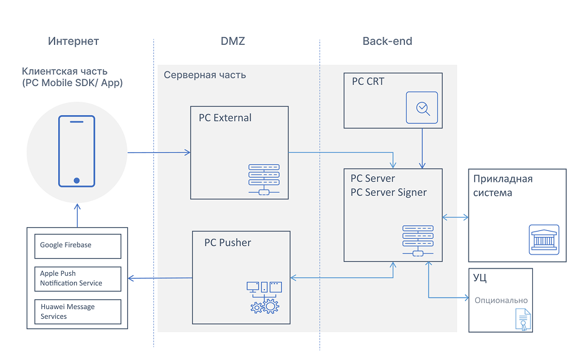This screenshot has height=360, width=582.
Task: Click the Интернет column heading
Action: point(73,41)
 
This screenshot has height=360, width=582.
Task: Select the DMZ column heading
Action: point(233,41)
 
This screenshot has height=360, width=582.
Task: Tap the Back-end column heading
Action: point(387,41)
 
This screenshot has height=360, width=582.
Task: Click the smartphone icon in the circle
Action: point(76,151)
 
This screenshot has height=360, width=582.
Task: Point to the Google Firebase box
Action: point(78,245)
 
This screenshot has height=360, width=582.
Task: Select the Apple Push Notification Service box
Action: point(78,278)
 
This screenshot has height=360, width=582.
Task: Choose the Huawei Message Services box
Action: point(78,312)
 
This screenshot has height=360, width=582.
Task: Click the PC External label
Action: point(225,118)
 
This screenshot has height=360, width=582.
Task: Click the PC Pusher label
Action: point(227,242)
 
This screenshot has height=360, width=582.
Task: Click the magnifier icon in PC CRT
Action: point(423,108)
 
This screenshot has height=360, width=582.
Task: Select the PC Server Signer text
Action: point(389,192)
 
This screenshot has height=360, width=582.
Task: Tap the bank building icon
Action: point(544,239)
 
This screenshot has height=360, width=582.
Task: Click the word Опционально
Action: point(501,300)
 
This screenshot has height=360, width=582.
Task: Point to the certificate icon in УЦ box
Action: point(523,319)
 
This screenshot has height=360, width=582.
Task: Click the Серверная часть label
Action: point(205,75)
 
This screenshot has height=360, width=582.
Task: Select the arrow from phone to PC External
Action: point(159,152)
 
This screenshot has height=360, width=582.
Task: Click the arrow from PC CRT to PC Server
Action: point(423,148)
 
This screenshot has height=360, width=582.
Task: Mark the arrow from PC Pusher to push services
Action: point(161,278)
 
